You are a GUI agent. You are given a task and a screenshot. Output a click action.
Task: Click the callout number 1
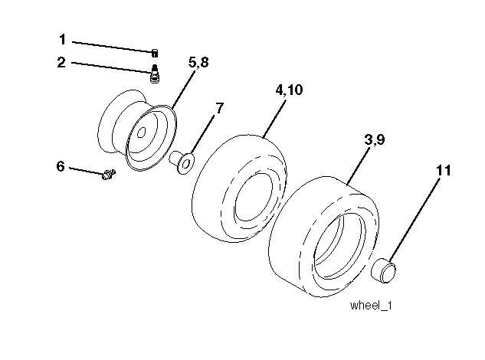[62, 38]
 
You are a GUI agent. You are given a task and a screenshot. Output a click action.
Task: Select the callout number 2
[62, 63]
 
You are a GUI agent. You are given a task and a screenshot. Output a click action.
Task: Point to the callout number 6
[61, 165]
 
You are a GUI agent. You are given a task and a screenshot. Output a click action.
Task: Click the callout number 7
[219, 108]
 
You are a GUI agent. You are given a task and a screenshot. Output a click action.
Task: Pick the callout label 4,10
[289, 90]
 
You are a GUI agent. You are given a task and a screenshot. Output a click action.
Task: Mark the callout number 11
[444, 171]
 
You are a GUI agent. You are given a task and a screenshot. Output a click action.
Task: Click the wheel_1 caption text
[371, 306]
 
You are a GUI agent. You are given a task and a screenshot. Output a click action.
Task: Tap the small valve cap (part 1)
[155, 52]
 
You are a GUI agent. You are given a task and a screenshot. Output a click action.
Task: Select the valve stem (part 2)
[154, 76]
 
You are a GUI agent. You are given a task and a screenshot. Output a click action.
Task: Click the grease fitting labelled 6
[106, 176]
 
